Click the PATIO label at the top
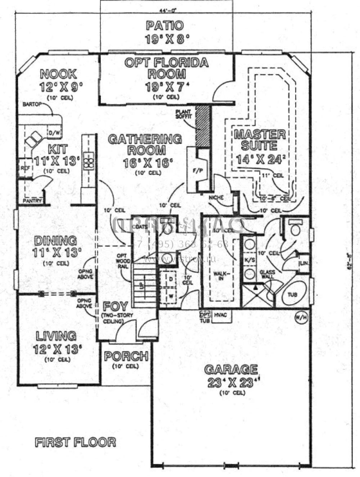point(165,26)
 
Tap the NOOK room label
point(58,74)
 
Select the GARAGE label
point(231,369)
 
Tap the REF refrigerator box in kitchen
point(25,168)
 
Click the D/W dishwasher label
point(55,133)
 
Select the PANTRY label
point(32,201)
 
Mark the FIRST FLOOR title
point(75,442)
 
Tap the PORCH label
point(126,356)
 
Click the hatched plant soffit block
point(203,126)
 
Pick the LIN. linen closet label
point(303,264)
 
